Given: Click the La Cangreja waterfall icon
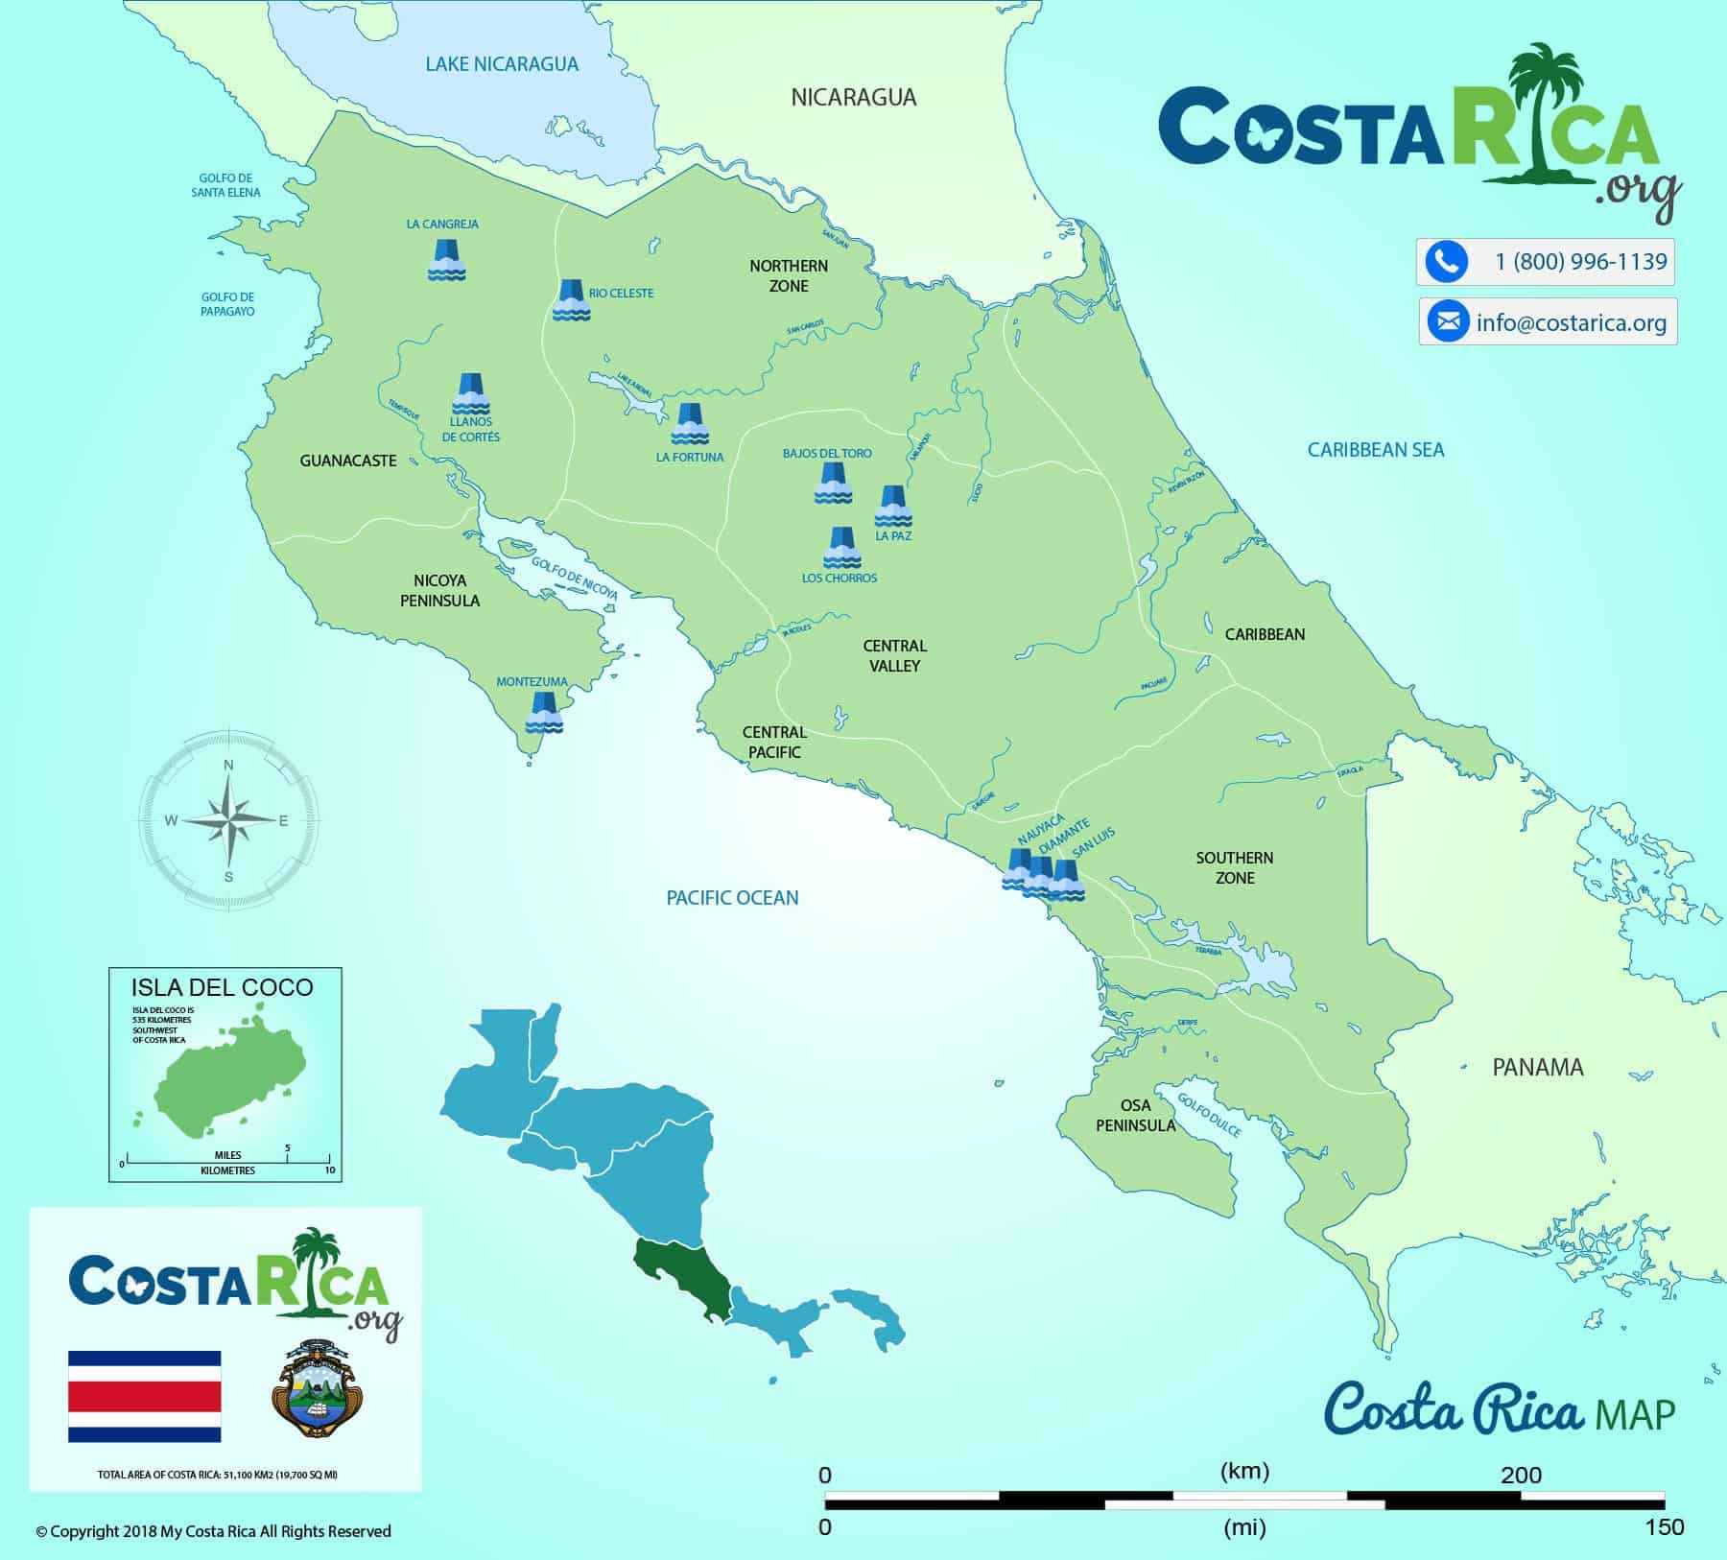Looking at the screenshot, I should pos(446,260).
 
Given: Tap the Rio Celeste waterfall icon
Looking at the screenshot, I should pos(571,299).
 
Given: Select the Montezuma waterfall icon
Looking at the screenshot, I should pos(544,713).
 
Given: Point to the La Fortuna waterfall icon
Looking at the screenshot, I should pos(689,424).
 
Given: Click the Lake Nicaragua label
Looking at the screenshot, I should pos(502,64).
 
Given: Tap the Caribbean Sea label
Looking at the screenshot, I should pos(1375,449).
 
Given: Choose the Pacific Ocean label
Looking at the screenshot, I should pos(732,897).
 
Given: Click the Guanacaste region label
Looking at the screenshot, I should pos(347,461).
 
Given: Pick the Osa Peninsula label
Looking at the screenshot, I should pos(1135,1116).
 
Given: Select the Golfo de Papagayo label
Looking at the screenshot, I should pos(227,304).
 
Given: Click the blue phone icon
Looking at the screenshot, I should pos(1446,262).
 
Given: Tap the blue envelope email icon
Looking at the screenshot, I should pos(1448,321).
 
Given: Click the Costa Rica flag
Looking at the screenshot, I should pos(144,1396).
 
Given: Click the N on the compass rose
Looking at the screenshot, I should pos(228,765).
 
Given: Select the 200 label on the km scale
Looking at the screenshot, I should pos(1521,1475).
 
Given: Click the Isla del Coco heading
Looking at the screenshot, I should pos(223,987).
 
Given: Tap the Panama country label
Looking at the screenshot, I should pos(1537,1067).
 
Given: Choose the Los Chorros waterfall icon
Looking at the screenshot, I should pos(841,547).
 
